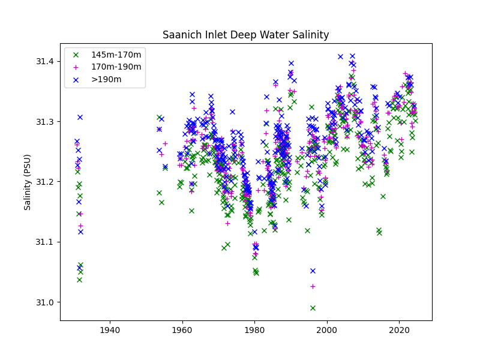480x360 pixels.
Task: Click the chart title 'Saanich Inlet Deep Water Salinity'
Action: [x=246, y=35]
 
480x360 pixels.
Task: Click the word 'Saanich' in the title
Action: [x=179, y=35]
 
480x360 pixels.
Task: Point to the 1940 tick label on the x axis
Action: [x=110, y=330]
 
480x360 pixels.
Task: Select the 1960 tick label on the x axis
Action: [x=182, y=330]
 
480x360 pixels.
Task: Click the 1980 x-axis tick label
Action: [x=254, y=330]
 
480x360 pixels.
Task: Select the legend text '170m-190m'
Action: [x=116, y=67]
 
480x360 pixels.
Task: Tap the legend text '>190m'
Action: [x=106, y=79]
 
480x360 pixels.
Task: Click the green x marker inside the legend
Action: [x=76, y=55]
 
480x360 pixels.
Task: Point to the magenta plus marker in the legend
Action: [x=76, y=67]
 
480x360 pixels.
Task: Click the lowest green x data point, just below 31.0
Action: [x=313, y=308]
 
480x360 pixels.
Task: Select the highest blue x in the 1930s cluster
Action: [x=80, y=117]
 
